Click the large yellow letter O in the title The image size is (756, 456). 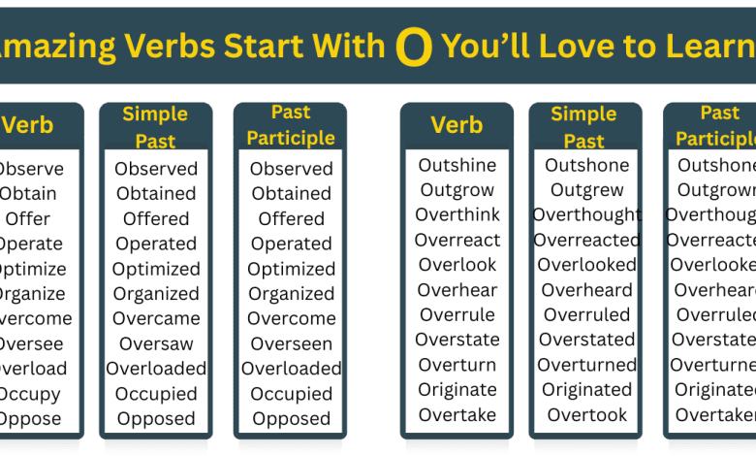coord(414,48)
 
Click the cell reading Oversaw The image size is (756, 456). coord(156,343)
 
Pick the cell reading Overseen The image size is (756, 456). coord(291,343)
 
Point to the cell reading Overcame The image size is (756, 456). coord(156,318)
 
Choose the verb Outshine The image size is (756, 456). coord(457,165)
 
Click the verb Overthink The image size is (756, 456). coord(457,214)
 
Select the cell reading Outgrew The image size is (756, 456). coord(586,190)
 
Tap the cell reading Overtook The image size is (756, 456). coord(586,414)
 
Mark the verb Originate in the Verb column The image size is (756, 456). coord(457,389)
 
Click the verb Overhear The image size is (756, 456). coord(457,289)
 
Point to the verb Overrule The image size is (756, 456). coord(457,314)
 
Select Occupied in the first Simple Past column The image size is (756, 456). coord(156,394)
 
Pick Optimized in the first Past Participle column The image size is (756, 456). coord(291,269)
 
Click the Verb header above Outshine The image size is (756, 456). coord(457,125)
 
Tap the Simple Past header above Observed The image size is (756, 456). coord(155,127)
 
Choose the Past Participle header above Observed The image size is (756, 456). coord(291,126)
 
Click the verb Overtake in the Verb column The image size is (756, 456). coord(457,414)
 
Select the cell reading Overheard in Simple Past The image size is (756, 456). coord(586,290)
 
